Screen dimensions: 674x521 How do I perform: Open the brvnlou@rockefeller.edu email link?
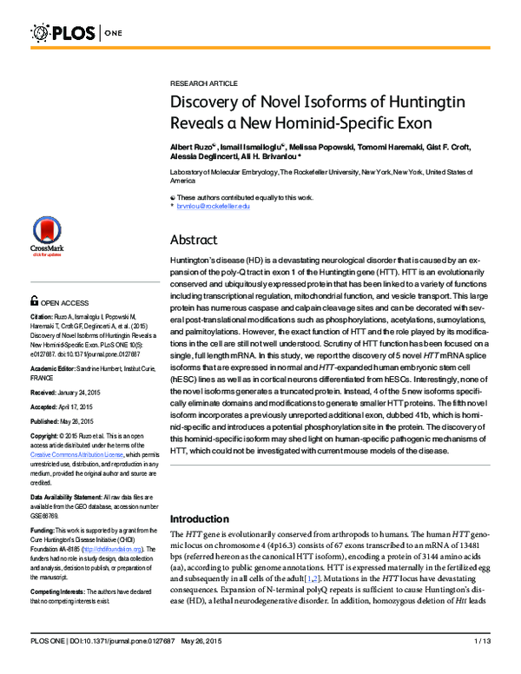pyautogui.click(x=213, y=206)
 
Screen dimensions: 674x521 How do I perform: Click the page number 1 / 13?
pyautogui.click(x=483, y=665)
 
